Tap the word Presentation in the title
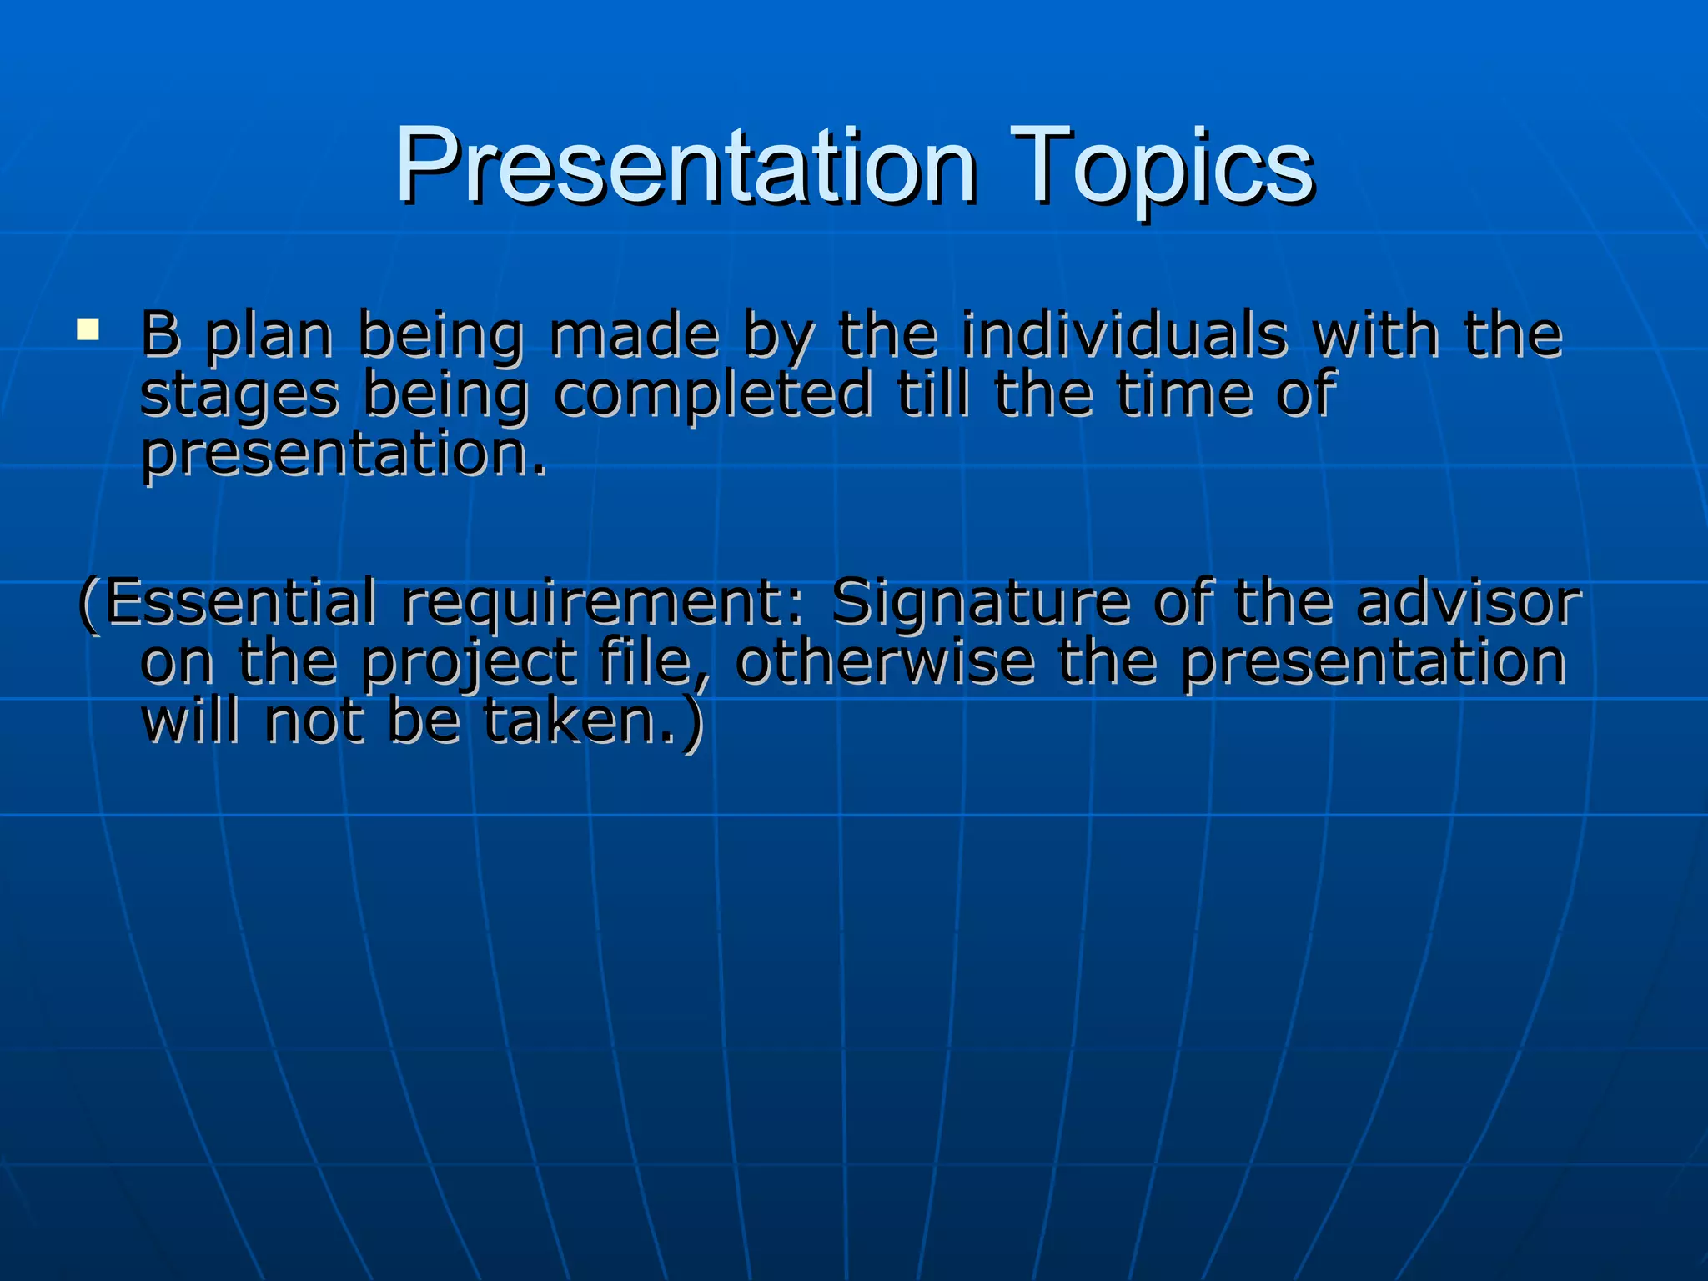686,167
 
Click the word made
634,334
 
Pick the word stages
239,396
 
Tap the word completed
713,394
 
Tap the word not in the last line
314,721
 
